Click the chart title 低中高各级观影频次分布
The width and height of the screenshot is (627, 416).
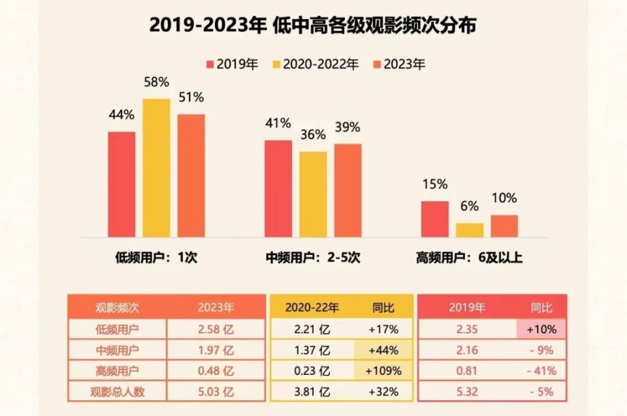click(x=313, y=26)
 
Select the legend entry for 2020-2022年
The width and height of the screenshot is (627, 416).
click(x=315, y=64)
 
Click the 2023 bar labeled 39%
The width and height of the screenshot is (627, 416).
click(x=347, y=190)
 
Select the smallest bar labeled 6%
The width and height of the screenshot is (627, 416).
click(x=470, y=230)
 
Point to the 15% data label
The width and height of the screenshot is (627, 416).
click(x=434, y=185)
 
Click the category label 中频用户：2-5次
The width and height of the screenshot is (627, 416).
click(x=313, y=258)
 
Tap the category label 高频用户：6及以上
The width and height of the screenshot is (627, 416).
click(x=469, y=258)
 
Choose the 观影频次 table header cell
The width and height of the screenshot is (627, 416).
click(x=118, y=306)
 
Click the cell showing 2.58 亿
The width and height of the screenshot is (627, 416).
click(x=216, y=329)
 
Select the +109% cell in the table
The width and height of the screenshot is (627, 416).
click(x=384, y=371)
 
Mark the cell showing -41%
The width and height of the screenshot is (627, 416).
click(x=541, y=371)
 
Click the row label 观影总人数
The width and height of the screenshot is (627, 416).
click(x=118, y=392)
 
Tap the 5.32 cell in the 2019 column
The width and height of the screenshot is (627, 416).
click(x=468, y=392)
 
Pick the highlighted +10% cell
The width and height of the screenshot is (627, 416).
click(x=541, y=329)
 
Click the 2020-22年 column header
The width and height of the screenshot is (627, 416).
click(x=312, y=306)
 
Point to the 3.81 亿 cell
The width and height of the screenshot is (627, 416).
click(x=312, y=392)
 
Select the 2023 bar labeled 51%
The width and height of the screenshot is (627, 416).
click(x=191, y=176)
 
